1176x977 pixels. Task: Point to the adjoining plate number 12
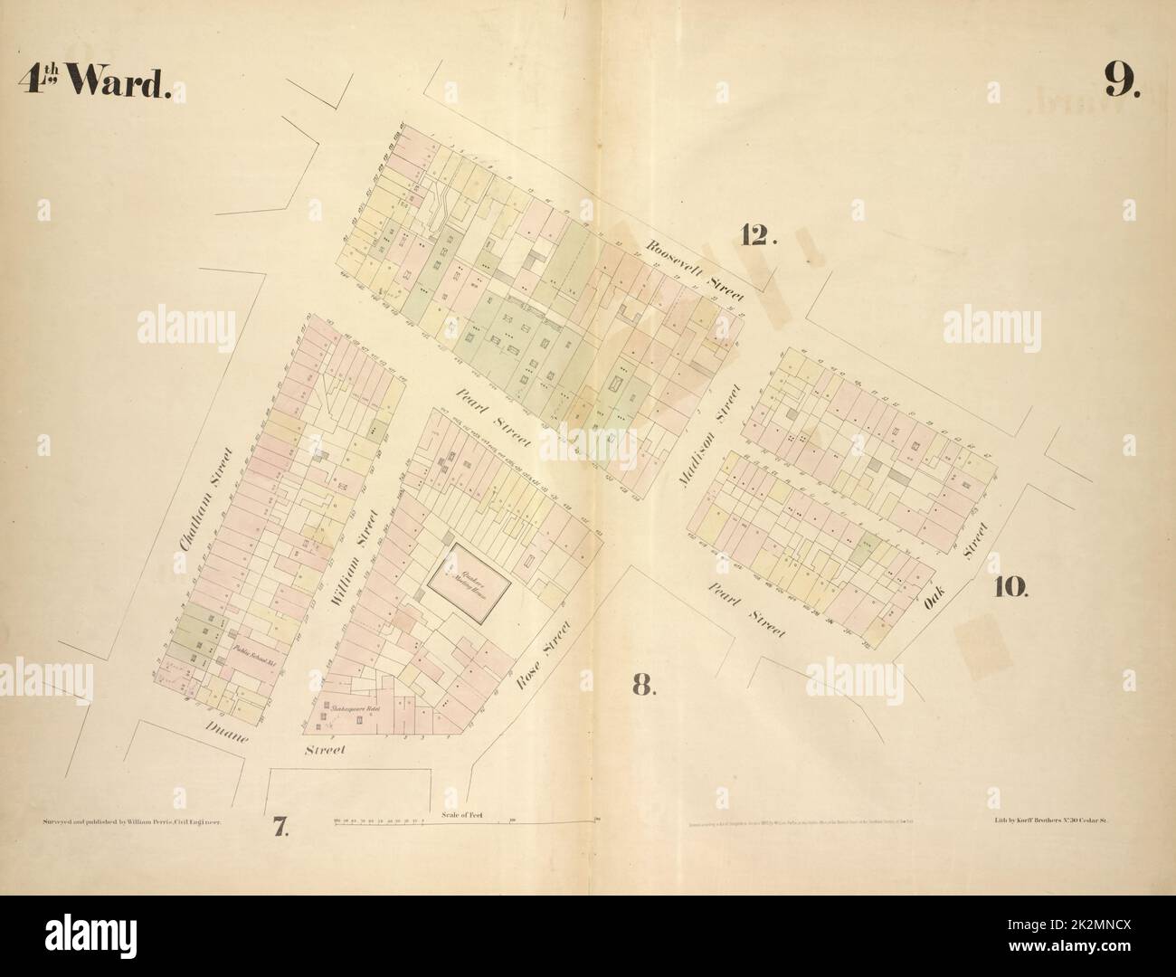click(758, 235)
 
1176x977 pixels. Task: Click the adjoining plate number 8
click(642, 685)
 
